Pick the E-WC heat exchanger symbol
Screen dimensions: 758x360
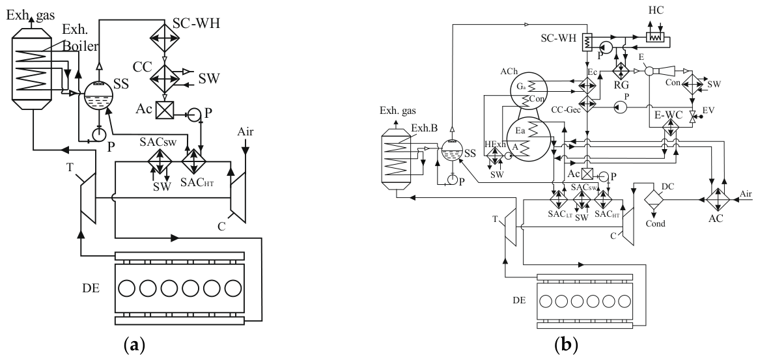pyautogui.click(x=670, y=129)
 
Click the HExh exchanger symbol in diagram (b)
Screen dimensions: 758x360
pyautogui.click(x=494, y=156)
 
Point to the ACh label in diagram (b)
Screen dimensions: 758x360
pyautogui.click(x=509, y=70)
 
